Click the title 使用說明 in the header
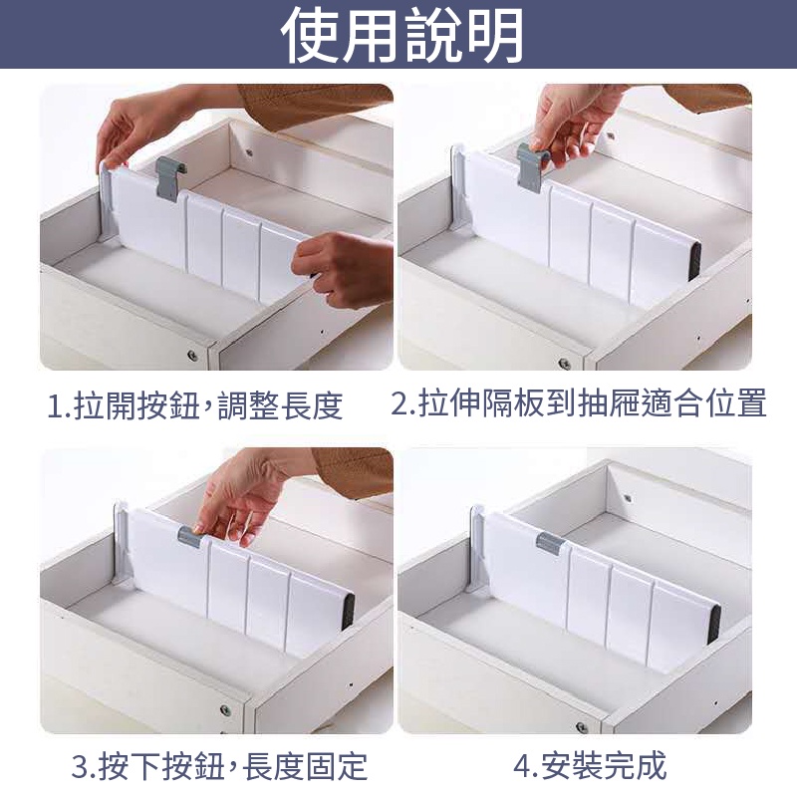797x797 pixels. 401,36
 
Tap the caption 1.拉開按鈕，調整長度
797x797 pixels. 194,405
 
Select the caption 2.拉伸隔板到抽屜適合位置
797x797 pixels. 579,403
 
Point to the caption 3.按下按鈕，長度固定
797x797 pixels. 219,766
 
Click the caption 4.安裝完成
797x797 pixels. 590,765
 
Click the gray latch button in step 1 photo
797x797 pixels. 168,178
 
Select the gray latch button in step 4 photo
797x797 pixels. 551,543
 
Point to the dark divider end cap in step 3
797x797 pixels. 348,612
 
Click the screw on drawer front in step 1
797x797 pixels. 192,355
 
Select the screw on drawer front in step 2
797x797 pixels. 564,363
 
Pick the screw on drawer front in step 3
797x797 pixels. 225,709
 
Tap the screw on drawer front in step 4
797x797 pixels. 582,726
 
